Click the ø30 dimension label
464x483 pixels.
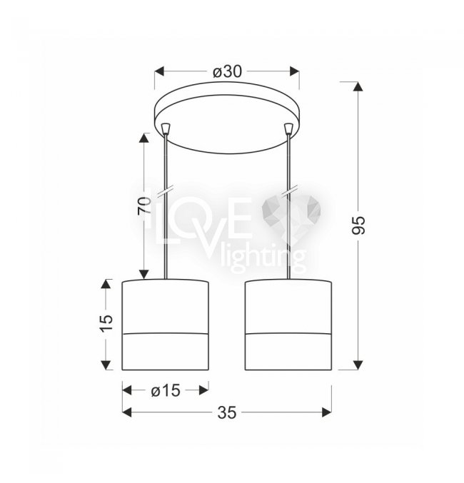(227, 72)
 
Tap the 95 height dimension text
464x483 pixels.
(358, 225)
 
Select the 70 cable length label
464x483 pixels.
(144, 205)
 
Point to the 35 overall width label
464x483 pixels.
(227, 412)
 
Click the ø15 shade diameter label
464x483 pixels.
(166, 391)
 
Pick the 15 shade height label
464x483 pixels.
(106, 322)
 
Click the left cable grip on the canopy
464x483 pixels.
(166, 128)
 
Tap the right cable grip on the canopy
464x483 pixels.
(288, 128)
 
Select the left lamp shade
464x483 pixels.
(165, 325)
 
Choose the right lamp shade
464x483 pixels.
(288, 325)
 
